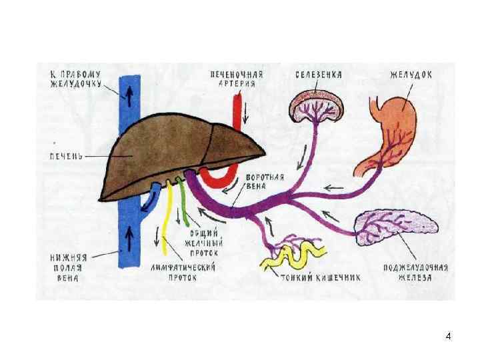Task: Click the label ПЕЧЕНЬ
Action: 65,155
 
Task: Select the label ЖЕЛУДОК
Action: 411,74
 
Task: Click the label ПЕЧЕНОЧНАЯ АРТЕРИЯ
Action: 236,79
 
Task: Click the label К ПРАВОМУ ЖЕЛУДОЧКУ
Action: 75,79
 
